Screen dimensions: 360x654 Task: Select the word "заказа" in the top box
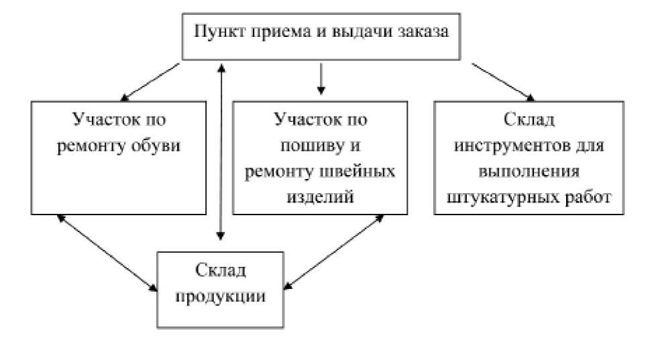422,32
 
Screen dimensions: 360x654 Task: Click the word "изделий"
320,196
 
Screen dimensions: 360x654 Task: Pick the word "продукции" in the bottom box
221,296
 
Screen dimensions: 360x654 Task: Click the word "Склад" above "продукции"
221,271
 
